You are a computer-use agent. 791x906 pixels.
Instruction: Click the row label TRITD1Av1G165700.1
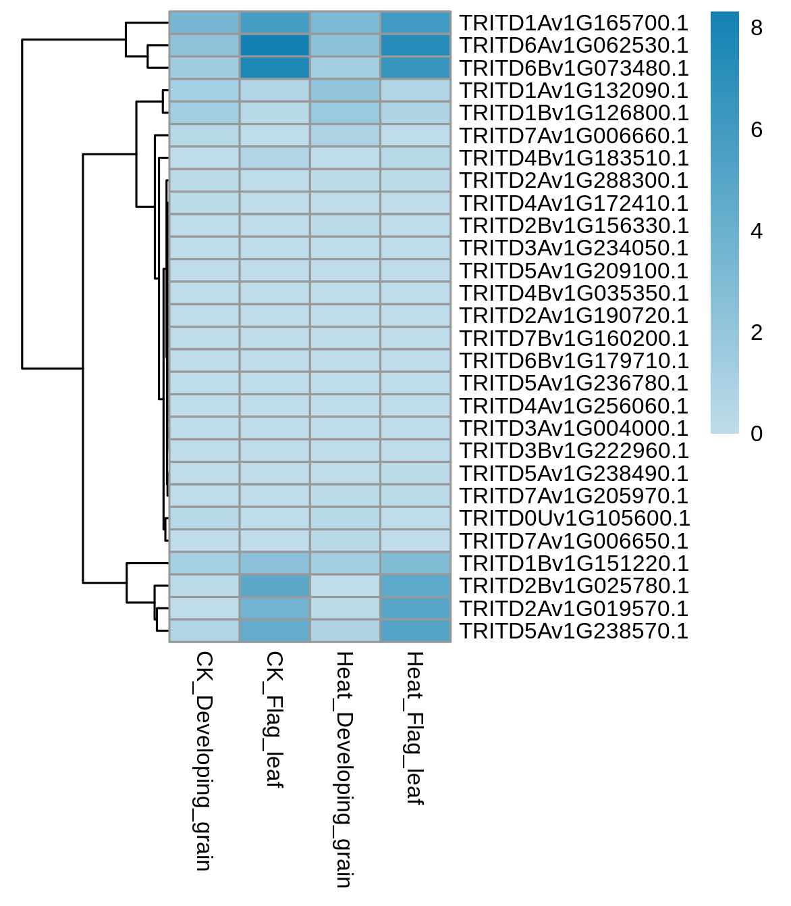coord(574,23)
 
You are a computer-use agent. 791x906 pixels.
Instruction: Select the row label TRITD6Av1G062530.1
coord(574,45)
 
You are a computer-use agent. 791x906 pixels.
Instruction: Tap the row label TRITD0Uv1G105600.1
coord(574,518)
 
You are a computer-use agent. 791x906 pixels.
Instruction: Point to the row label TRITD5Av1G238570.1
coord(574,631)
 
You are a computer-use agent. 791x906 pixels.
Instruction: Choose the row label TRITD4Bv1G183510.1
coord(574,158)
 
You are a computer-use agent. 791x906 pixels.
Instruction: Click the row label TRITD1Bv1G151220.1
coord(574,563)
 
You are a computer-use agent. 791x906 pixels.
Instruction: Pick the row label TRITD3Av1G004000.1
coord(574,428)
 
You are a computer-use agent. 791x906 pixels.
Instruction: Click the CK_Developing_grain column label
coord(204,761)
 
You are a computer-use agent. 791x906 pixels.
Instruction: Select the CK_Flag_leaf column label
coord(274,720)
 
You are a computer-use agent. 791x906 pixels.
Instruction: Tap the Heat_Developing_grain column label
coord(345,769)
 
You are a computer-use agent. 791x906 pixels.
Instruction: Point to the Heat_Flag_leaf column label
coord(415,728)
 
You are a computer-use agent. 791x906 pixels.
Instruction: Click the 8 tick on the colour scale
coord(757,28)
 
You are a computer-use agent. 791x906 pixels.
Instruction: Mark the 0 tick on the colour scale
coord(757,434)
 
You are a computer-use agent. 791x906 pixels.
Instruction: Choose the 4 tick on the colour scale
coord(757,231)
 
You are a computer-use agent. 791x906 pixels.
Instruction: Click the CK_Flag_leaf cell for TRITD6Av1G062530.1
coord(274,45)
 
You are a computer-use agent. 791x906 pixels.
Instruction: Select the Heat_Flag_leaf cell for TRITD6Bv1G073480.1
coord(415,68)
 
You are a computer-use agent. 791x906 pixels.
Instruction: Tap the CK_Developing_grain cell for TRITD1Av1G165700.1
coord(204,22)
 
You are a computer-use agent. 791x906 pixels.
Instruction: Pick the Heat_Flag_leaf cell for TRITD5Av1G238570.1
coord(415,630)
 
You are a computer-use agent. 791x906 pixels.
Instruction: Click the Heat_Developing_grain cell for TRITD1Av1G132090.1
coord(345,91)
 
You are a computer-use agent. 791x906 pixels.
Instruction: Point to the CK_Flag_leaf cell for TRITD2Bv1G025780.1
coord(274,585)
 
